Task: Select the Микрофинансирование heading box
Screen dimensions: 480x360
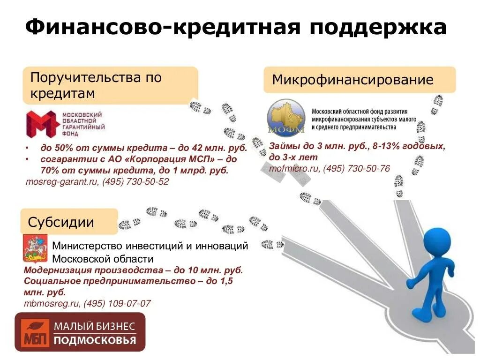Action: click(359, 80)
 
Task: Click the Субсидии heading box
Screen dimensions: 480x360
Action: click(69, 222)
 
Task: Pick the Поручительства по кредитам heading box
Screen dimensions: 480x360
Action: click(110, 85)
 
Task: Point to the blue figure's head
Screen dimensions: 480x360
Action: click(436, 241)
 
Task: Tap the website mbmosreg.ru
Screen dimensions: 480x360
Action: click(52, 303)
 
